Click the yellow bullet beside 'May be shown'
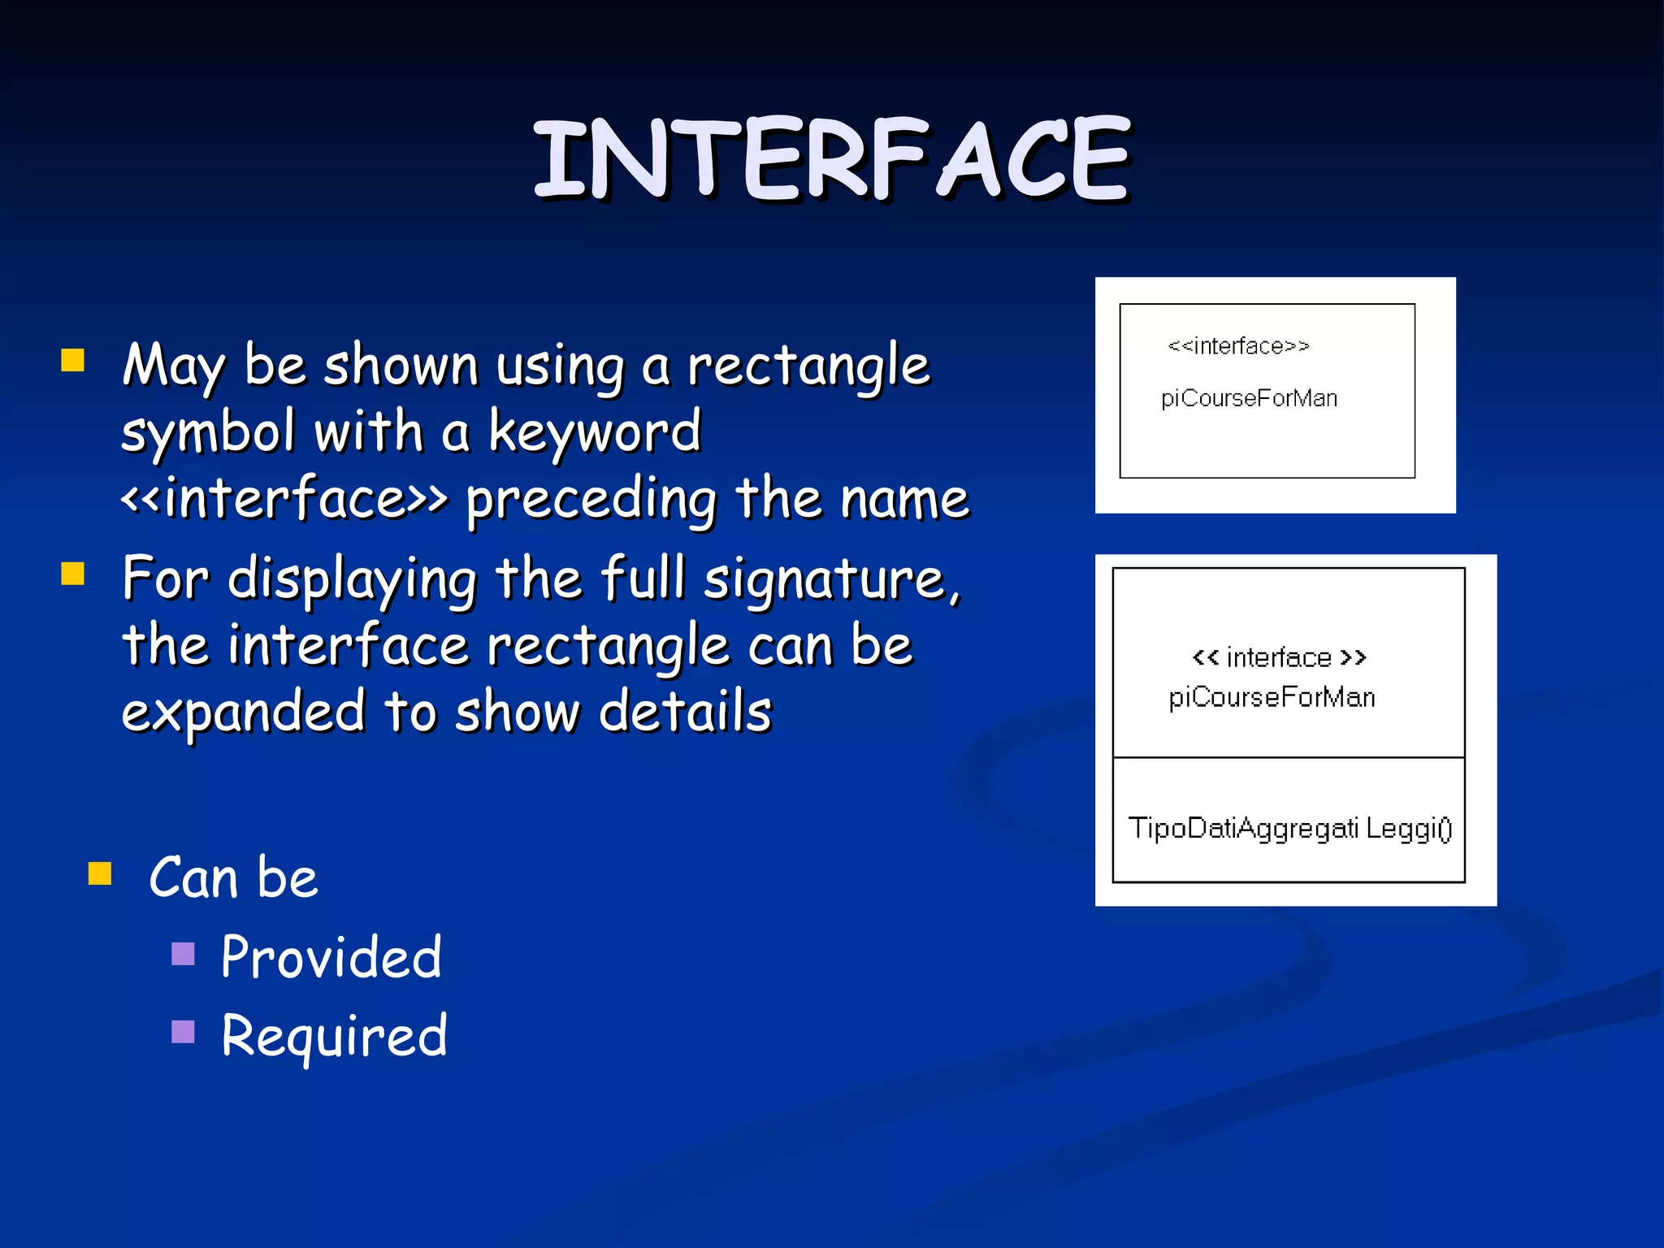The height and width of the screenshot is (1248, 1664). pyautogui.click(x=73, y=360)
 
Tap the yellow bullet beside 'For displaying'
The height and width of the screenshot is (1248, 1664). pyautogui.click(x=73, y=574)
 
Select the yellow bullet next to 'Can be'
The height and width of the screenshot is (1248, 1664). pyautogui.click(x=100, y=873)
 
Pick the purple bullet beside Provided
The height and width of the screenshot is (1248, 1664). pyautogui.click(x=184, y=953)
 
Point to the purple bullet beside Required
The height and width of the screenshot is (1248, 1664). pyautogui.click(x=184, y=1031)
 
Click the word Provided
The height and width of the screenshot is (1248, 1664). pyautogui.click(x=331, y=956)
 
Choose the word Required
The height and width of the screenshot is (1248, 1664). pyautogui.click(x=334, y=1036)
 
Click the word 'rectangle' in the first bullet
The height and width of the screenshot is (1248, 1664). pyautogui.click(x=808, y=366)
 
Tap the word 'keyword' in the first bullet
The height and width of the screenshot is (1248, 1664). pyautogui.click(x=595, y=431)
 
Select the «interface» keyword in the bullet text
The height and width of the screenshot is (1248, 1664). pyautogui.click(x=284, y=498)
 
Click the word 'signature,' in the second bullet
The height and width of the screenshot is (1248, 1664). pyautogui.click(x=833, y=578)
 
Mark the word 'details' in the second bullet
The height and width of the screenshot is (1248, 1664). pyautogui.click(x=685, y=712)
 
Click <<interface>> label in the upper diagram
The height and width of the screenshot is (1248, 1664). pyautogui.click(x=1238, y=346)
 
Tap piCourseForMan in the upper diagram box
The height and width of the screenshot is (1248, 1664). pyautogui.click(x=1249, y=398)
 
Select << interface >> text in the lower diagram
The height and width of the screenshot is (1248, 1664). pyautogui.click(x=1279, y=656)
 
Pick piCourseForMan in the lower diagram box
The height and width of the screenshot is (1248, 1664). pyautogui.click(x=1272, y=697)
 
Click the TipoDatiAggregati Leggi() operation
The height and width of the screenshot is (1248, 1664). pyautogui.click(x=1289, y=828)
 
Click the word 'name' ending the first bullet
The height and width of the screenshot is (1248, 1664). pyautogui.click(x=904, y=498)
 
